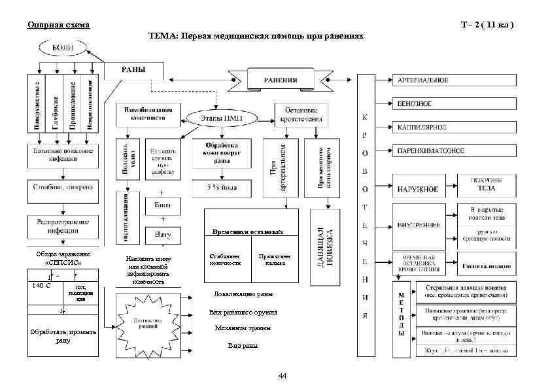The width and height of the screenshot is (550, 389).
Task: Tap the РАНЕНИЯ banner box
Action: coord(281,80)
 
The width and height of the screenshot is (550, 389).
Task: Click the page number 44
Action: coord(282,376)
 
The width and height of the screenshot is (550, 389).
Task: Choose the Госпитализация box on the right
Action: coord(488,267)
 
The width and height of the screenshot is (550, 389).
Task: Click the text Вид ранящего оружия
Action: coord(243,313)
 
